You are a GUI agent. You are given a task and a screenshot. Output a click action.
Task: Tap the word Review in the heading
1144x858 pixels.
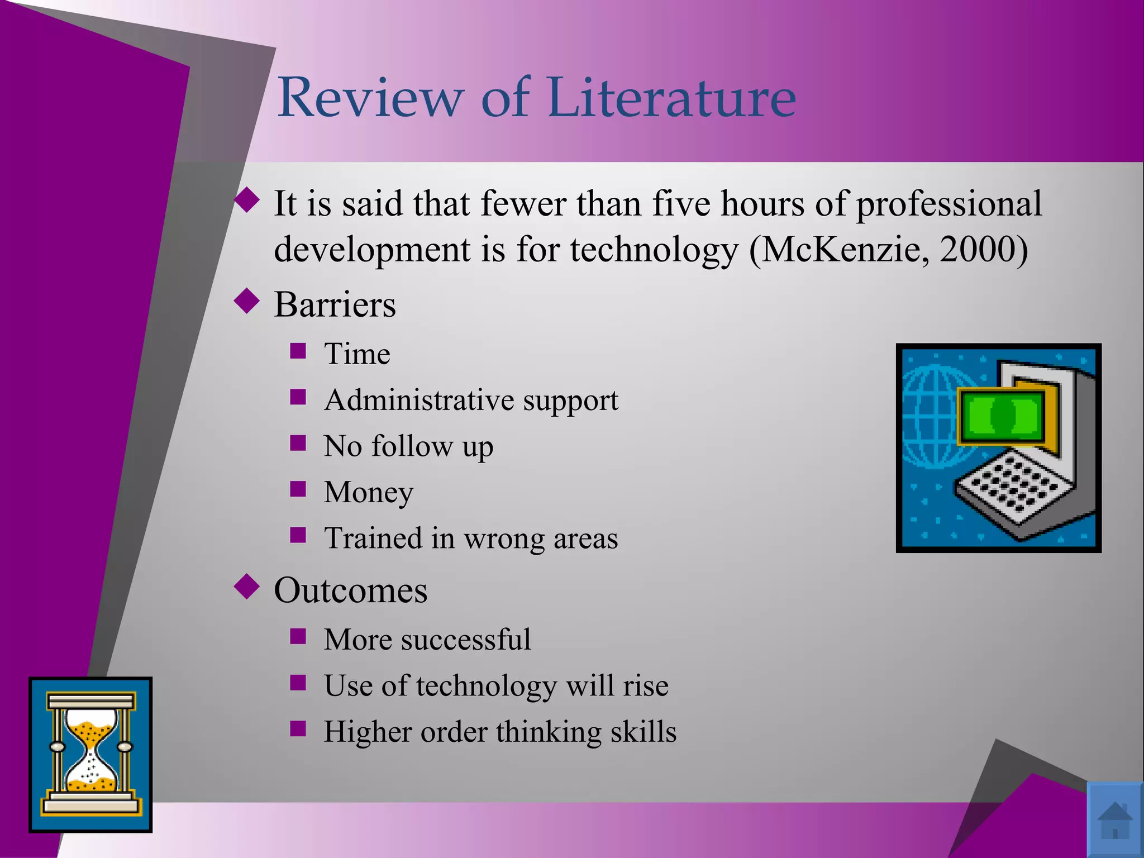370,97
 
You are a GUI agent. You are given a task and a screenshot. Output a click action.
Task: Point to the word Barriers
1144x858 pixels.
335,305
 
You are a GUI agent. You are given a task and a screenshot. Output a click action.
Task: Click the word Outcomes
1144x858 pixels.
350,590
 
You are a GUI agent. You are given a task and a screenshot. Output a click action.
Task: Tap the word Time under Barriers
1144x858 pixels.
357,354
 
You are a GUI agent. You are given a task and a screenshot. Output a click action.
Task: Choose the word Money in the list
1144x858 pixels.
369,493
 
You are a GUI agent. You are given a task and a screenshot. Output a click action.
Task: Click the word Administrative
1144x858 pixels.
419,400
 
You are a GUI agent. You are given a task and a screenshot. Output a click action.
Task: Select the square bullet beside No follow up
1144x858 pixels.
298,443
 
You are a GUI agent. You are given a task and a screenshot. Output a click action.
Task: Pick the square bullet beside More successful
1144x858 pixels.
298,636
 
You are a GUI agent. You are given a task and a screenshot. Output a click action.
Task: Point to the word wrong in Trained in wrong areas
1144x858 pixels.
504,538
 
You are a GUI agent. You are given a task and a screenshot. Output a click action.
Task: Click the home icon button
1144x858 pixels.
1115,820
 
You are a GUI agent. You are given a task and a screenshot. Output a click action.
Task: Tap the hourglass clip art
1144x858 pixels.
90,755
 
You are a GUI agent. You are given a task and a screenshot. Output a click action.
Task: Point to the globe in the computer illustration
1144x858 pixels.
930,416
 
